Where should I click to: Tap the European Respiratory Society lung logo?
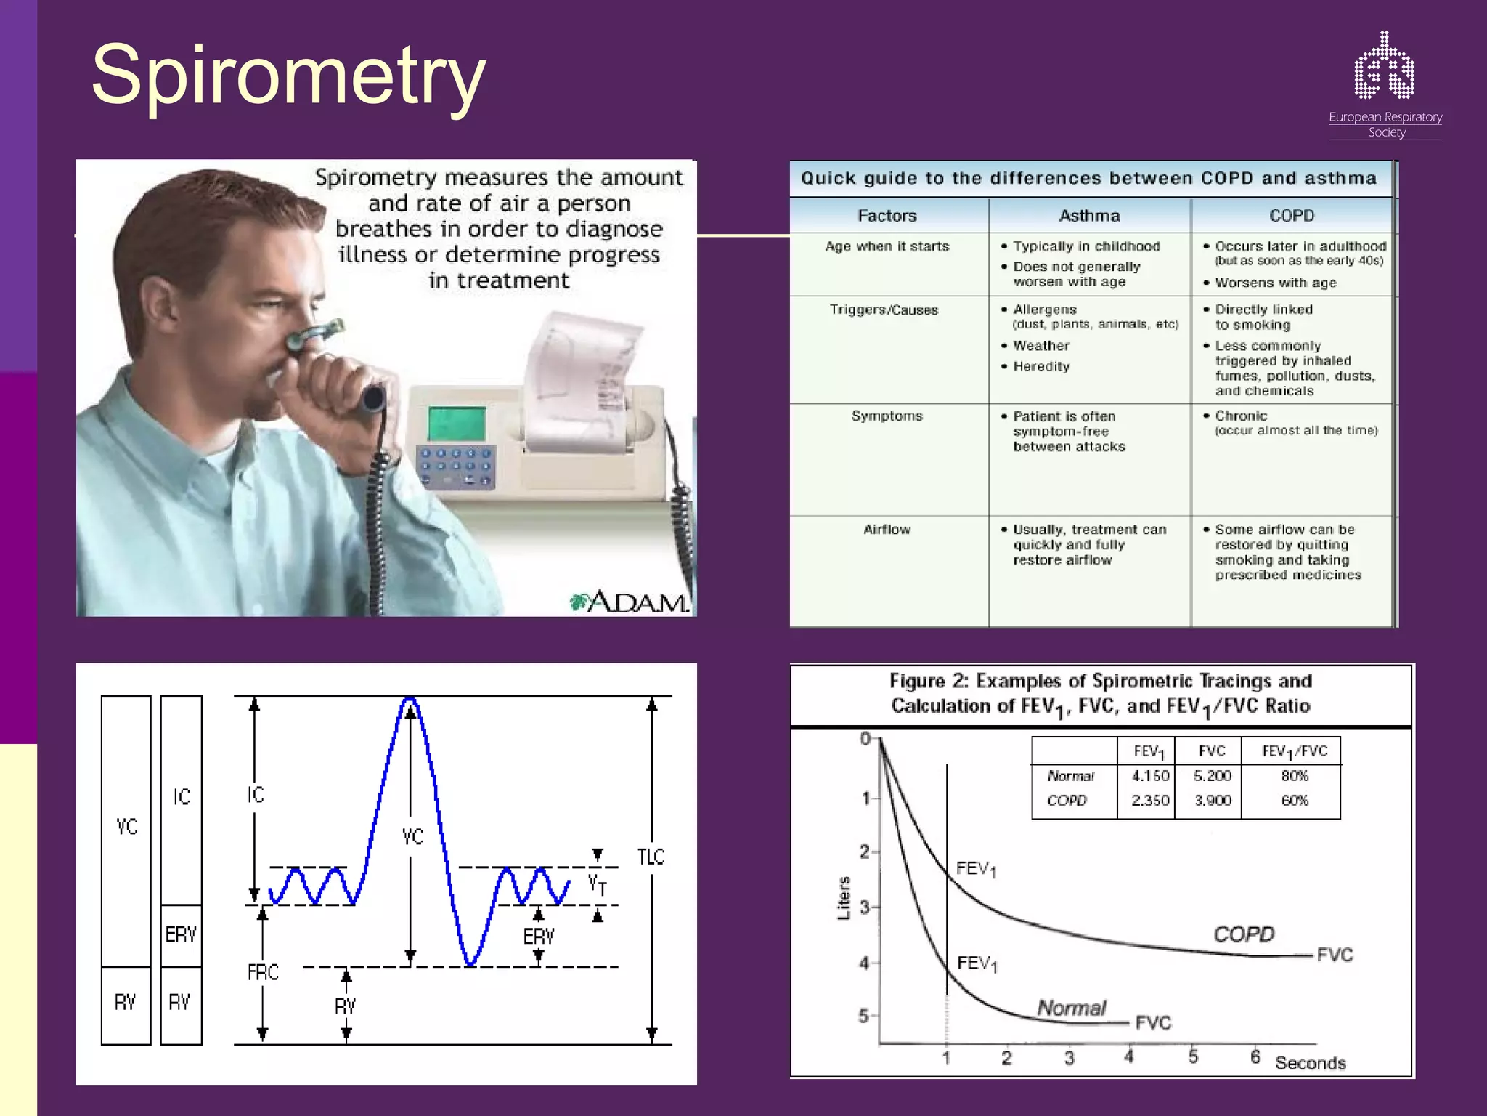pos(1384,67)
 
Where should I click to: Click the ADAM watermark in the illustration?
pos(630,602)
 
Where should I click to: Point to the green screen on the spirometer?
pos(456,423)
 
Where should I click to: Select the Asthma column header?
pos(1089,216)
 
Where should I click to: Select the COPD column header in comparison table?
pos(1292,216)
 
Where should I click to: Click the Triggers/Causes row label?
pos(884,310)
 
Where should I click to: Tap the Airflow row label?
pos(887,530)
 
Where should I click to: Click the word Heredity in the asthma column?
pos(1041,367)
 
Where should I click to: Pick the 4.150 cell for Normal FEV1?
pos(1149,776)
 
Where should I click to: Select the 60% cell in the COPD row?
pos(1295,801)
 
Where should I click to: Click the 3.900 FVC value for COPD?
pos(1213,801)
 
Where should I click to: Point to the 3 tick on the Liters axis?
pos(865,907)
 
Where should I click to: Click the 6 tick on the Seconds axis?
pos(1255,1056)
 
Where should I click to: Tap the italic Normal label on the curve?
pos(1071,1008)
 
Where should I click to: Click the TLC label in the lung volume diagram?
pos(651,857)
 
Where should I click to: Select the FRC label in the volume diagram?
pos(263,972)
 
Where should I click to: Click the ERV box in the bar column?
pos(181,935)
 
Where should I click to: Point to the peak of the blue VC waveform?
pos(410,699)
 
